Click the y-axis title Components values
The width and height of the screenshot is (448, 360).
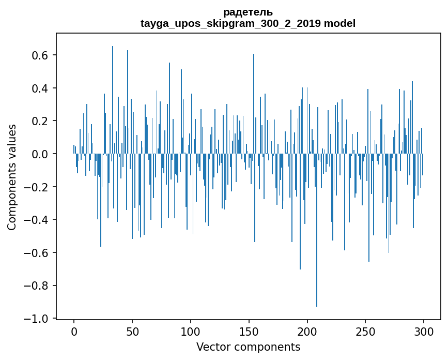12,177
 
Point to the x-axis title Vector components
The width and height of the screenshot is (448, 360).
248,347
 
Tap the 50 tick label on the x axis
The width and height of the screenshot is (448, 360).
132,331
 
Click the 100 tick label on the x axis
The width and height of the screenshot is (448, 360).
191,331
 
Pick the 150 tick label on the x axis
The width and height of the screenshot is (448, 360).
249,331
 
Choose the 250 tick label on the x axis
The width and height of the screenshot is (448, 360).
366,331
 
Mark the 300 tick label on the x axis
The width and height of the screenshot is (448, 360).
424,331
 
